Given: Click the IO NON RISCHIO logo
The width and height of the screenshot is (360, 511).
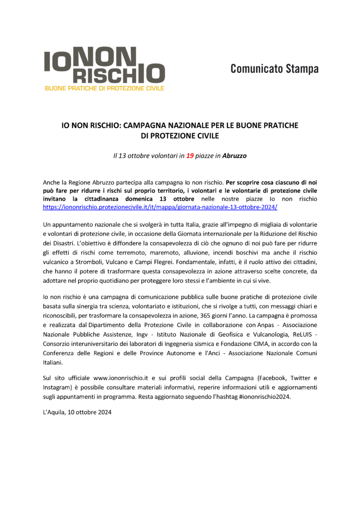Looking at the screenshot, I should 105,65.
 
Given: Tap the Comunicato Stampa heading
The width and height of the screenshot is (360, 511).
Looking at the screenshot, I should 274,69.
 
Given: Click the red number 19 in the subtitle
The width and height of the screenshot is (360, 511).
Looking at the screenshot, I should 190,156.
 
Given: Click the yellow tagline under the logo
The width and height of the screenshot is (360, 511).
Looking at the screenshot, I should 105,88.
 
